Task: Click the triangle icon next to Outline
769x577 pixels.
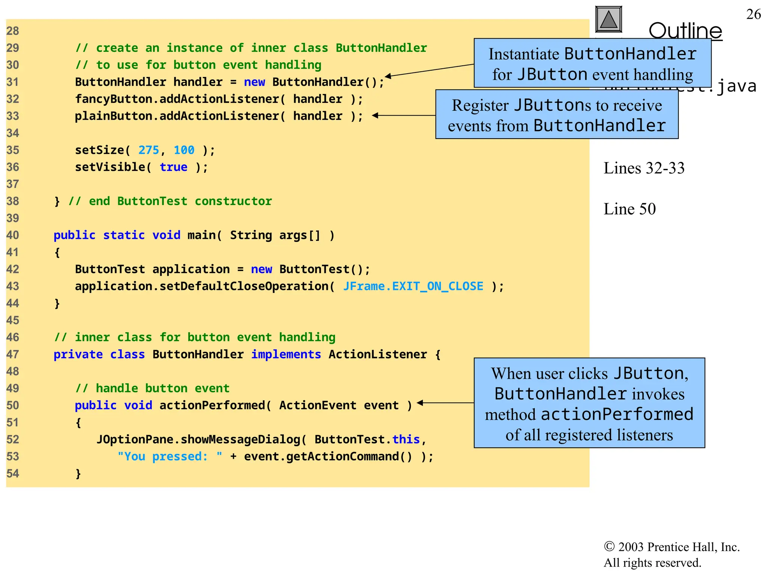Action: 609,20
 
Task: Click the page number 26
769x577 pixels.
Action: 753,14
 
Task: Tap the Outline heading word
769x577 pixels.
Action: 685,31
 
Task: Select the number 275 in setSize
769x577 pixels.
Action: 149,150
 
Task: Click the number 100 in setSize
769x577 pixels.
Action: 184,150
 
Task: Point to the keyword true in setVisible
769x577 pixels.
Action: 173,167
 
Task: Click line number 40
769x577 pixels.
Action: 12,235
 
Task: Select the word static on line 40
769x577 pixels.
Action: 124,235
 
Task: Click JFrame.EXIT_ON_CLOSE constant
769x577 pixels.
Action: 413,286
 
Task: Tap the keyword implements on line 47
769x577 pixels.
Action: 286,354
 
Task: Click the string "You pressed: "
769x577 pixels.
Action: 170,456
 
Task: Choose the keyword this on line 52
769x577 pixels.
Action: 406,439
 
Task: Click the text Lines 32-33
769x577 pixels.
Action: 644,168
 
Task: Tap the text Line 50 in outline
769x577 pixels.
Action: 629,209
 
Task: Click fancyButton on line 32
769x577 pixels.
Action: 114,99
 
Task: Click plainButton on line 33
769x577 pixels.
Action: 114,116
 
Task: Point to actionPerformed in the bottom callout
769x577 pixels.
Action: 617,414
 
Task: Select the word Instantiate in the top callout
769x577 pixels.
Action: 524,54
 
